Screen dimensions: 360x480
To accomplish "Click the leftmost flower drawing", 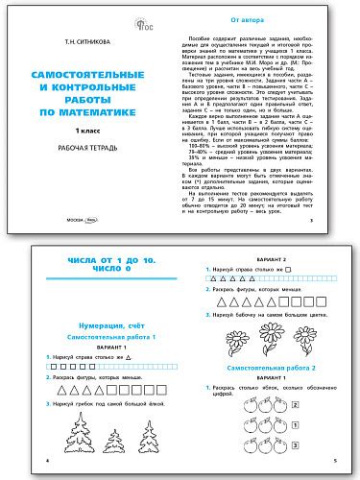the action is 227,347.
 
